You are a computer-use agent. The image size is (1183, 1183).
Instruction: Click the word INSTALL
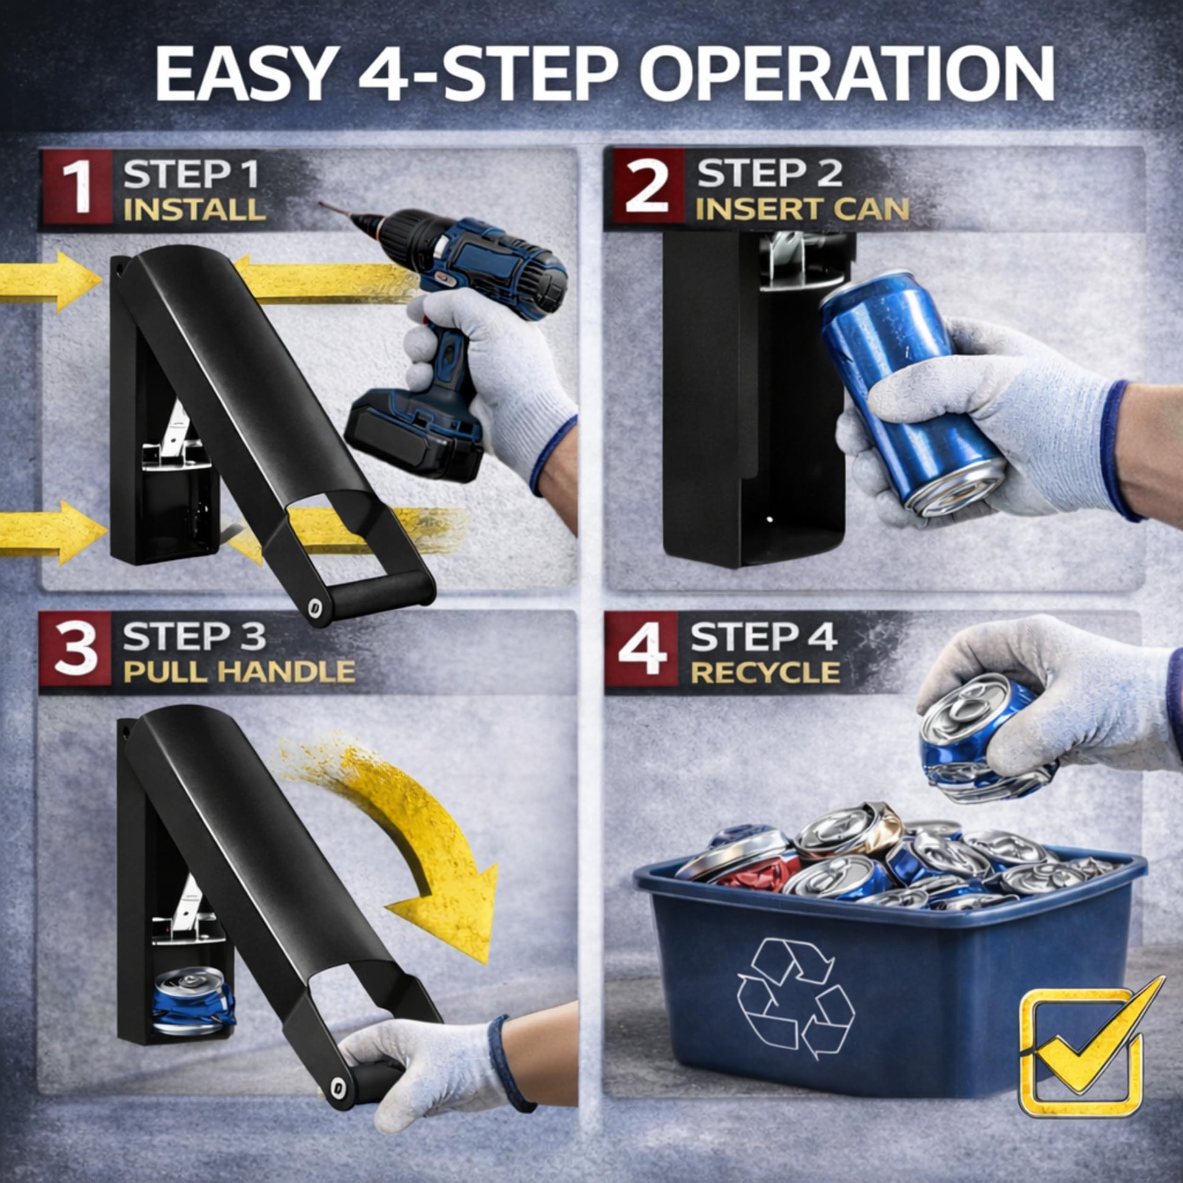(x=194, y=210)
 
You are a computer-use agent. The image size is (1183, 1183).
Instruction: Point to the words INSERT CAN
(x=802, y=209)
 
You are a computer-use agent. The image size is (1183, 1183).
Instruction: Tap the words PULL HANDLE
(x=239, y=672)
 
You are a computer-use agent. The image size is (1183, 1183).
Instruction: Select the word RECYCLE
(x=765, y=672)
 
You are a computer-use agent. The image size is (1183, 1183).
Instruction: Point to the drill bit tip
(x=321, y=204)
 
